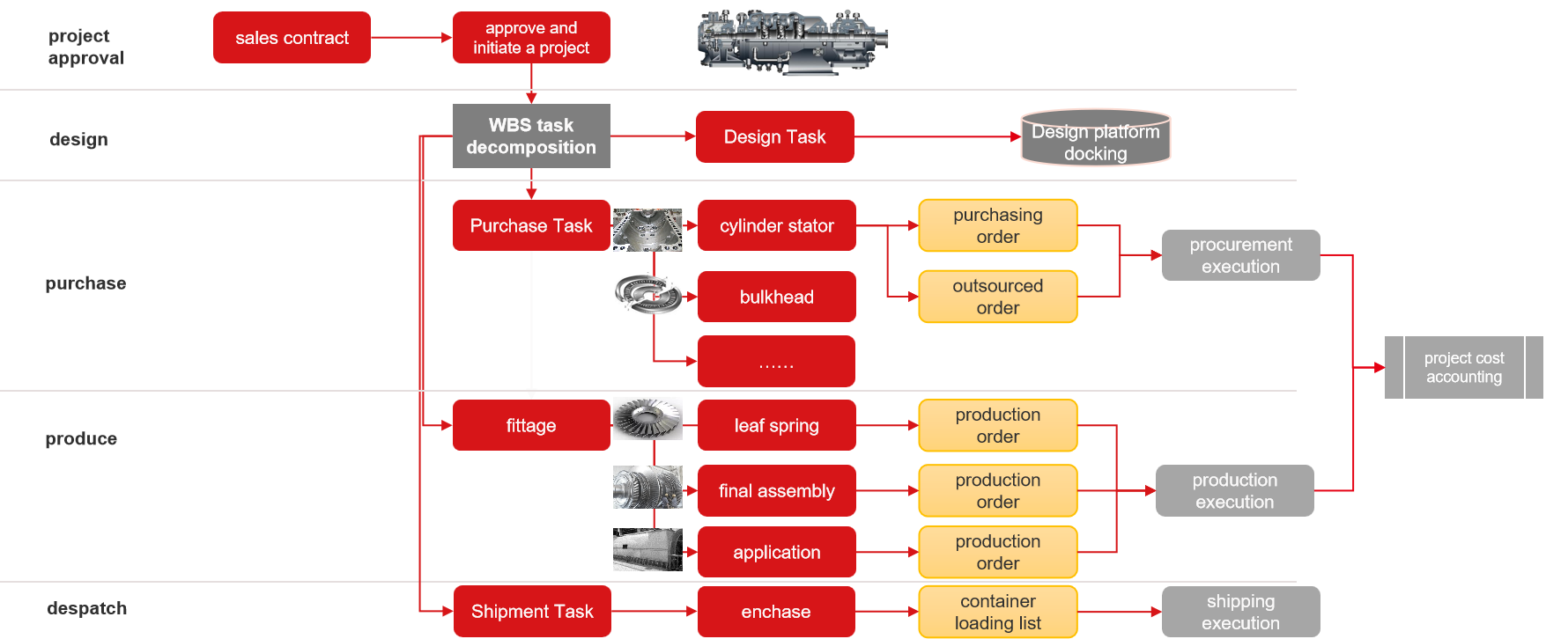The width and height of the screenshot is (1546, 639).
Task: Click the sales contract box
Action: [x=292, y=38]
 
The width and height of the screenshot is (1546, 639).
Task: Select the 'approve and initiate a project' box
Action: [x=531, y=38]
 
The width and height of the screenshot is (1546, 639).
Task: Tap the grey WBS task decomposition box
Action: [x=531, y=136]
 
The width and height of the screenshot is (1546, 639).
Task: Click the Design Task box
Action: [x=774, y=137]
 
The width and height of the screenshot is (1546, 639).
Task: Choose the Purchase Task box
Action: [x=531, y=225]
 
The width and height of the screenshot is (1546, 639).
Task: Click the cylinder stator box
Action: [x=776, y=226]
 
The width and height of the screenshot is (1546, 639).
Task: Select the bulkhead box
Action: [x=776, y=297]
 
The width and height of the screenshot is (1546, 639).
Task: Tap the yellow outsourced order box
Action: [x=997, y=297]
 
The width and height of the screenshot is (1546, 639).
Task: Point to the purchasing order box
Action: [x=997, y=226]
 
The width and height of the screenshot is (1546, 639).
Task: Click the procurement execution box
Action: [x=1240, y=255]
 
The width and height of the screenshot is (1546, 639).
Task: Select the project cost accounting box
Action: [x=1463, y=368]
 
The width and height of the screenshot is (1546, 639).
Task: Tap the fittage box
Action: [x=531, y=425]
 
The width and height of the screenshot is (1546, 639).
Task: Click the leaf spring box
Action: [x=776, y=425]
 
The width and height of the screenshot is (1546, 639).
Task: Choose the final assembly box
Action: [x=776, y=491]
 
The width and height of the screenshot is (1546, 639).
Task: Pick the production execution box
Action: [x=1234, y=491]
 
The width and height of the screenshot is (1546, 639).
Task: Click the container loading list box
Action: [x=997, y=612]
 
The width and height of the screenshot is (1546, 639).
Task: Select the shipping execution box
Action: [x=1240, y=612]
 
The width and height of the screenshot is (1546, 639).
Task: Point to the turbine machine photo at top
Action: [x=792, y=41]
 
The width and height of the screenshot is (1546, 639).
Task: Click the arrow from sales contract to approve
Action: [x=411, y=38]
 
